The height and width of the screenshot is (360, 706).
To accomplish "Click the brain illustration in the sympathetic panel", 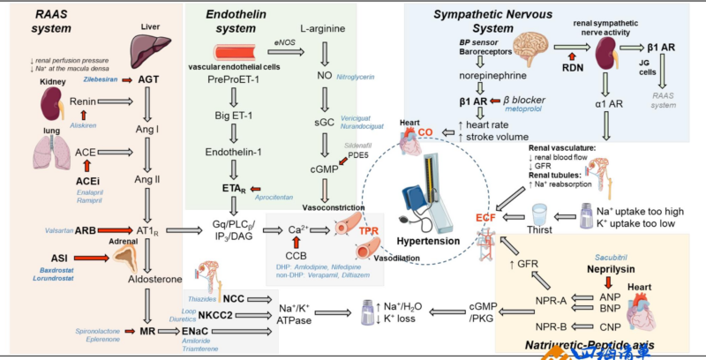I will click(x=538, y=50).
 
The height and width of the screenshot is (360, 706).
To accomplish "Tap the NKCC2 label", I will click(x=214, y=313).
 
